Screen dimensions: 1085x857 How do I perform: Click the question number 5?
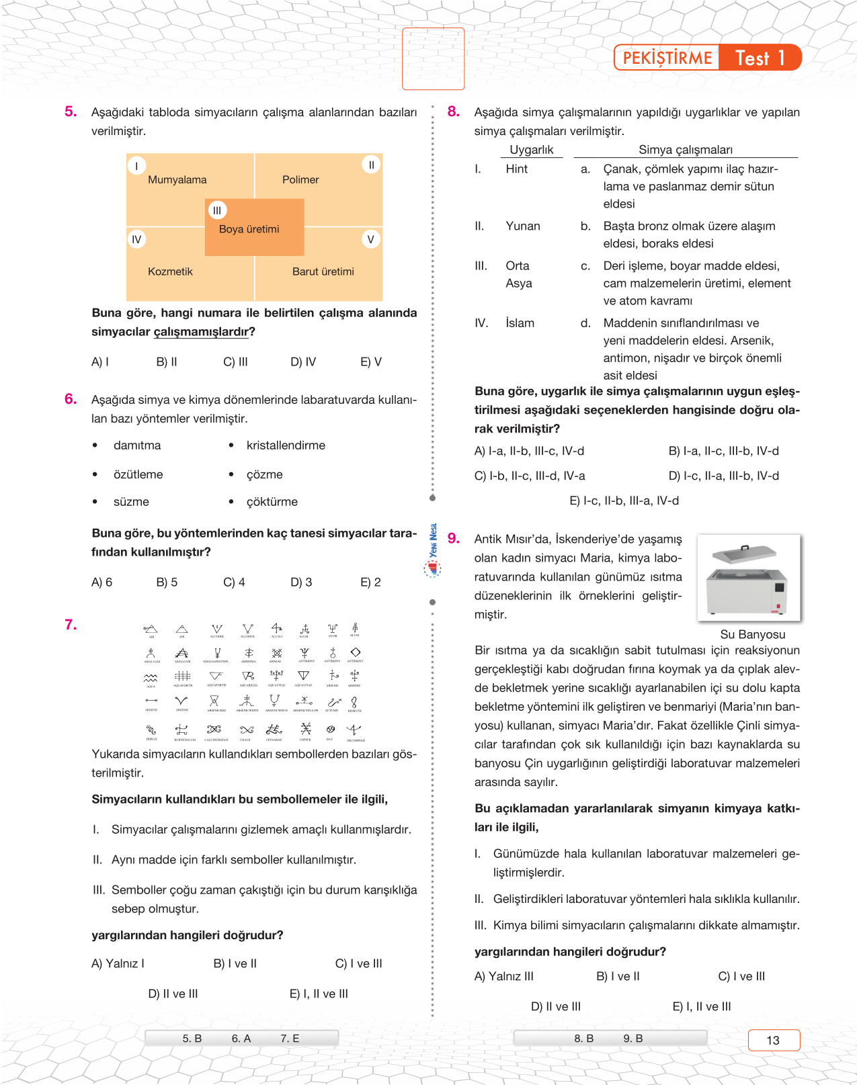pyautogui.click(x=71, y=112)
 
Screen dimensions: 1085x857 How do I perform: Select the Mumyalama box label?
pyautogui.click(x=177, y=179)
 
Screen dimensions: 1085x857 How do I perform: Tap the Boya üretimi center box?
pyautogui.click(x=249, y=229)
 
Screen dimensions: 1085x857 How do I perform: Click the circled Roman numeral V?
pyautogui.click(x=370, y=239)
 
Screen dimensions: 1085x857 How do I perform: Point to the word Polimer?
pyautogui.click(x=300, y=179)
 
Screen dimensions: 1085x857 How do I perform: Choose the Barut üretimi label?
pyautogui.click(x=323, y=271)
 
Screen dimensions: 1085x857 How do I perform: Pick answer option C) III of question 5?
pyautogui.click(x=235, y=361)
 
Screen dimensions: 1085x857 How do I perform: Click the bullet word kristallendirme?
pyautogui.click(x=286, y=445)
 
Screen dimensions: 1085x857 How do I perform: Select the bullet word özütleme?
pyautogui.click(x=138, y=474)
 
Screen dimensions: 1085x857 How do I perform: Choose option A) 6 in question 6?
pyautogui.click(x=101, y=582)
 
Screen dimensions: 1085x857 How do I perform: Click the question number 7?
pyautogui.click(x=71, y=625)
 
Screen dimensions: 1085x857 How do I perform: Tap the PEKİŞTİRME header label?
pyautogui.click(x=667, y=58)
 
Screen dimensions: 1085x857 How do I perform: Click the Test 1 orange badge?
pyautogui.click(x=760, y=58)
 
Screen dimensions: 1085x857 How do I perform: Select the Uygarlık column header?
pyautogui.click(x=531, y=150)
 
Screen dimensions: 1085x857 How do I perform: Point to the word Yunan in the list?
pyautogui.click(x=523, y=226)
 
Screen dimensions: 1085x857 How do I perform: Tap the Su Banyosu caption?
pyautogui.click(x=752, y=634)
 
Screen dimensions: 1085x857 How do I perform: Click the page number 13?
pyautogui.click(x=773, y=1040)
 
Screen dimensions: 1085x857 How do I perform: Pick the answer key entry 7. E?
pyautogui.click(x=290, y=1039)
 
